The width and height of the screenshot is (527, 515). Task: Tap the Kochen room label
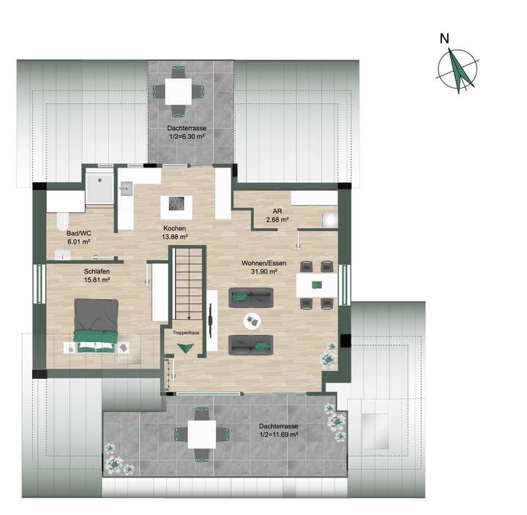[175, 228]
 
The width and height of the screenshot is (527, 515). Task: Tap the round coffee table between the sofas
[250, 320]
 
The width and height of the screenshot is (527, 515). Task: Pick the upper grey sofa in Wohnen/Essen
[251, 296]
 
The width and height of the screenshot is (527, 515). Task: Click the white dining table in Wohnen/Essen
[318, 285]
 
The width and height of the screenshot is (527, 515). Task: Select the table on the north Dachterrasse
[179, 91]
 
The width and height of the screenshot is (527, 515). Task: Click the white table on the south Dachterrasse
[202, 435]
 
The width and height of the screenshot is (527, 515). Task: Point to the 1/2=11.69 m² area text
[281, 435]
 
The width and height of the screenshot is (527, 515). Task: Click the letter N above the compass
[444, 40]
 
